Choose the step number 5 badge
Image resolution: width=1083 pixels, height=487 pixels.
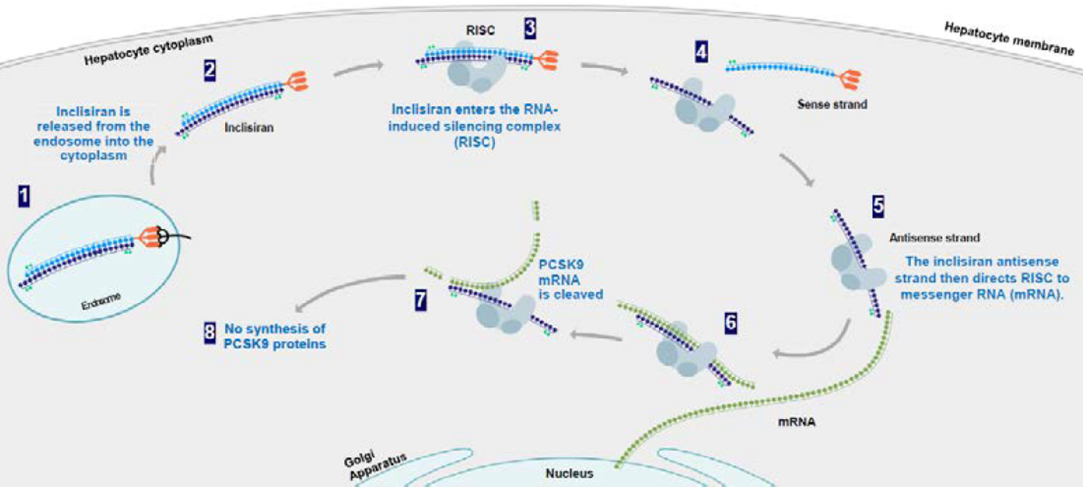point(878,205)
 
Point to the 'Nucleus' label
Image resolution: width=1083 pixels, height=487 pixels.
point(570,474)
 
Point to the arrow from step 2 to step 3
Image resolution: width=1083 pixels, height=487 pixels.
point(357,66)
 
